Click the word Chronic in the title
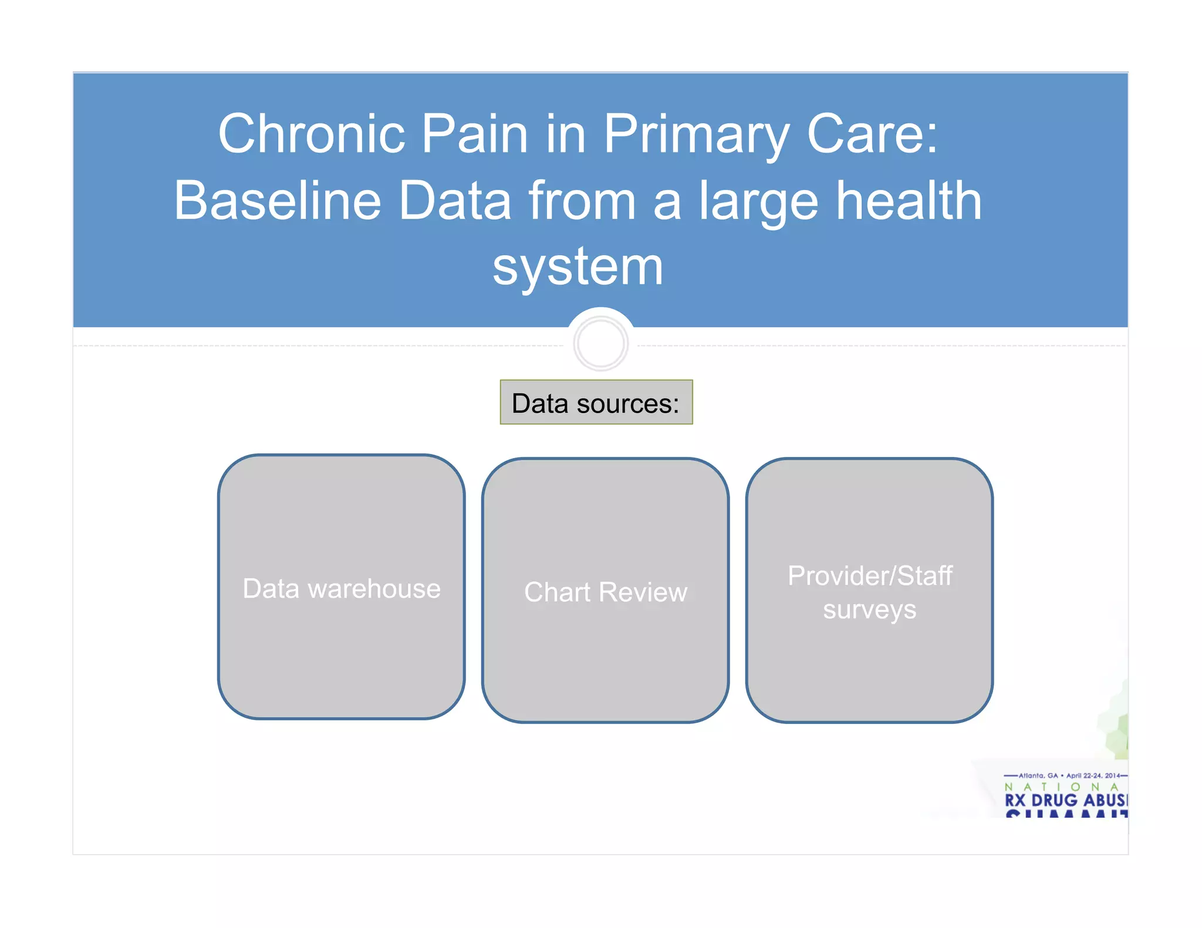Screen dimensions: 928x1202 click(x=311, y=134)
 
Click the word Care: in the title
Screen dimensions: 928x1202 click(x=873, y=134)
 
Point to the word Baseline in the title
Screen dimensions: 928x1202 click(x=278, y=201)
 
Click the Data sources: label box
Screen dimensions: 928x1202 click(x=596, y=403)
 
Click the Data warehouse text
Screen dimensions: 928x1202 click(x=342, y=588)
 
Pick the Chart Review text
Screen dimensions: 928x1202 click(x=605, y=592)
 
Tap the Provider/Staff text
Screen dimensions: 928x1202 click(x=869, y=575)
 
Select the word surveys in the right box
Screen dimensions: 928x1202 click(x=869, y=610)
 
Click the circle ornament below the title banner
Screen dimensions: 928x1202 click(x=600, y=343)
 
